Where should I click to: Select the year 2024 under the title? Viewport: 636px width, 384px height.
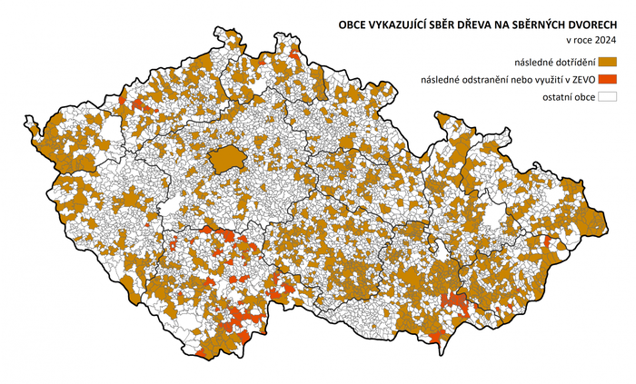pyautogui.click(x=604, y=41)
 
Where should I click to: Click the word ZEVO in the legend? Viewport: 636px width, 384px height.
pyautogui.click(x=581, y=79)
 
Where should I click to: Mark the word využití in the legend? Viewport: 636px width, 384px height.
pyautogui.click(x=552, y=79)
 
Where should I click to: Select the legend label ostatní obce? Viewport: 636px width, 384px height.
pyautogui.click(x=568, y=96)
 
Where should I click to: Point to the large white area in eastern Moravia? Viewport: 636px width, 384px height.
pyautogui.click(x=494, y=214)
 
